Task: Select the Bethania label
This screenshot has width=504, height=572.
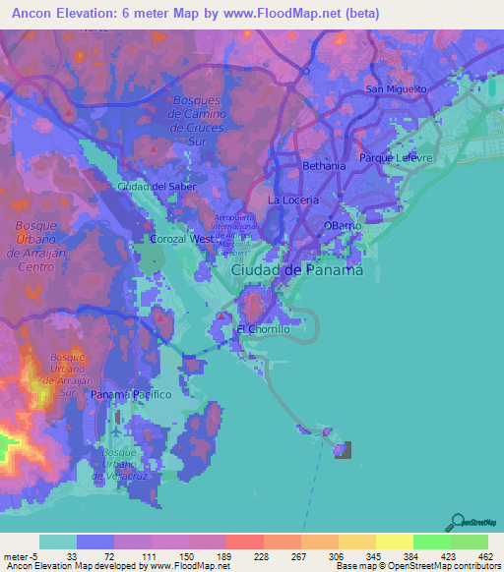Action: (x=324, y=166)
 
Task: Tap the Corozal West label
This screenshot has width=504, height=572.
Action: (x=181, y=239)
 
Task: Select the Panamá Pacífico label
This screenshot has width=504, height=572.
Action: (x=131, y=394)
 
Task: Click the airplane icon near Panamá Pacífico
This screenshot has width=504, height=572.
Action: (x=118, y=429)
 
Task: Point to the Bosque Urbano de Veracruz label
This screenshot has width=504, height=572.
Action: (x=119, y=464)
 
